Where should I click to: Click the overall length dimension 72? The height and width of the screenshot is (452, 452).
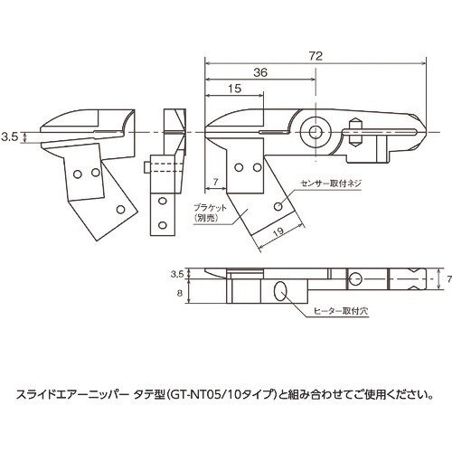click(315, 56)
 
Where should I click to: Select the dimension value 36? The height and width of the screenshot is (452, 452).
click(259, 73)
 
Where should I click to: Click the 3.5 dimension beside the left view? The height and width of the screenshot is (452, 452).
click(10, 137)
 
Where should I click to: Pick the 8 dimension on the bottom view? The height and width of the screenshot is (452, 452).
click(178, 293)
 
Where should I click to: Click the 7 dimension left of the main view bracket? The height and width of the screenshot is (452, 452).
click(215, 184)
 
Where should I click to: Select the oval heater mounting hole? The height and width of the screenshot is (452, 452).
click(281, 291)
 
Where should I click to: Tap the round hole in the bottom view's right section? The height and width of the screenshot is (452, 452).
click(355, 278)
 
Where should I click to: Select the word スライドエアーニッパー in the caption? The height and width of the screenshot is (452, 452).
click(72, 393)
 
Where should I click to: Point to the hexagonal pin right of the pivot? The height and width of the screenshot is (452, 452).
click(354, 134)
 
